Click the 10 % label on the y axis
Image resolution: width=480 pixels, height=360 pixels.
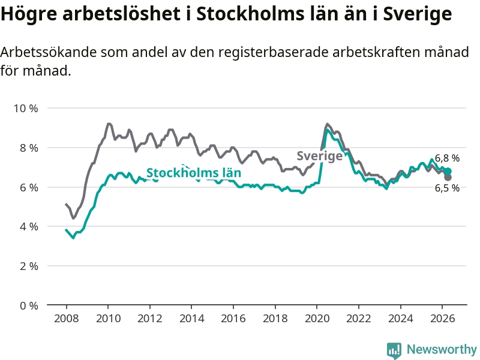pyautogui.click(x=26, y=109)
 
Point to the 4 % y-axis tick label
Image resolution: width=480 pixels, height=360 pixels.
pyautogui.click(x=29, y=227)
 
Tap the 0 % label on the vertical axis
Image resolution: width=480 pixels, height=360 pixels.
pyautogui.click(x=29, y=305)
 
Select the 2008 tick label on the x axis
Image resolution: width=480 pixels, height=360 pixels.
pyautogui.click(x=66, y=319)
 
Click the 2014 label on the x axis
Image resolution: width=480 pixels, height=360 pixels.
pyautogui.click(x=191, y=319)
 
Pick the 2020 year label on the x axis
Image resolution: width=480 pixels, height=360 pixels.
pyautogui.click(x=317, y=319)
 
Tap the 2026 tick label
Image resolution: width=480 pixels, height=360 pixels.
pyautogui.click(x=442, y=319)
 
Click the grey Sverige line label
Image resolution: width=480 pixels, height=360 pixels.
pyautogui.click(x=320, y=156)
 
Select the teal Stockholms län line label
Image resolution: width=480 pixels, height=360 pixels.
pyautogui.click(x=194, y=173)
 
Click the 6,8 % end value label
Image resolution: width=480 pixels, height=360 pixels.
pyautogui.click(x=447, y=158)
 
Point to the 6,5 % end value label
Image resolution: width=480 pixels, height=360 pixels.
pyautogui.click(x=447, y=188)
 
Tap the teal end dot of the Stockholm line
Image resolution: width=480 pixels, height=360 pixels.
pyautogui.click(x=448, y=171)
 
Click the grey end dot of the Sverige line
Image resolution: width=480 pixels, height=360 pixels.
pyautogui.click(x=448, y=177)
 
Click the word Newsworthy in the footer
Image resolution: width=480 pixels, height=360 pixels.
pyautogui.click(x=442, y=349)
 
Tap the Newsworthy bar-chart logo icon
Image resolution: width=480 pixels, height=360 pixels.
pyautogui.click(x=394, y=350)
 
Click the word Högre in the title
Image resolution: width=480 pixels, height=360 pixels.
pyautogui.click(x=29, y=14)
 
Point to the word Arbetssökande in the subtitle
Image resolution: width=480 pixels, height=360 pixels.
pyautogui.click(x=49, y=52)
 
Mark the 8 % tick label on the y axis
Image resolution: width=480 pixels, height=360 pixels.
pyautogui.click(x=29, y=148)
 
